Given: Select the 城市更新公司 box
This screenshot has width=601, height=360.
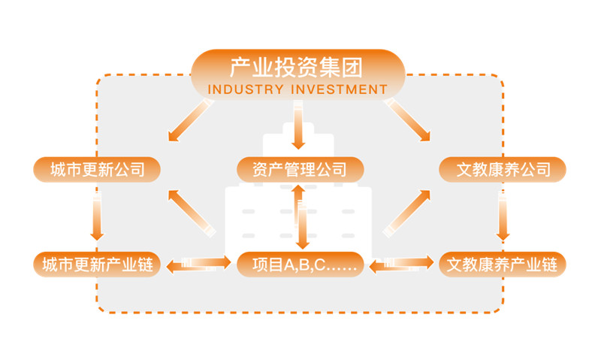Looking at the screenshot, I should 97,169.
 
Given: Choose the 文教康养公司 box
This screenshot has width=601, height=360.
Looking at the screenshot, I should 503,169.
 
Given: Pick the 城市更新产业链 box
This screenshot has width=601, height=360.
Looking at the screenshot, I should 97,265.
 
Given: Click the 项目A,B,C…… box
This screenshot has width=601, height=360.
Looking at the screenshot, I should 300,265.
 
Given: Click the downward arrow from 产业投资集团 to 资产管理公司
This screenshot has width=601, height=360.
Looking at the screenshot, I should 298,128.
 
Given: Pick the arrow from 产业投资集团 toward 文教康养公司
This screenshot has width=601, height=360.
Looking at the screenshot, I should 409,120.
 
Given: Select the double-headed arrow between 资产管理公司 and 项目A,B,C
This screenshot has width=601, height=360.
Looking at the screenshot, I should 300,216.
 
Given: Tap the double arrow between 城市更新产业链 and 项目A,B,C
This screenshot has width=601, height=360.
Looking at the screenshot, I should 198,264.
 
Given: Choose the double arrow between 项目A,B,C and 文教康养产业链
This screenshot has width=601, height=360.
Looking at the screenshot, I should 402,263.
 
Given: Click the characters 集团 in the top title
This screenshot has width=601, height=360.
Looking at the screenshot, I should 344,68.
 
